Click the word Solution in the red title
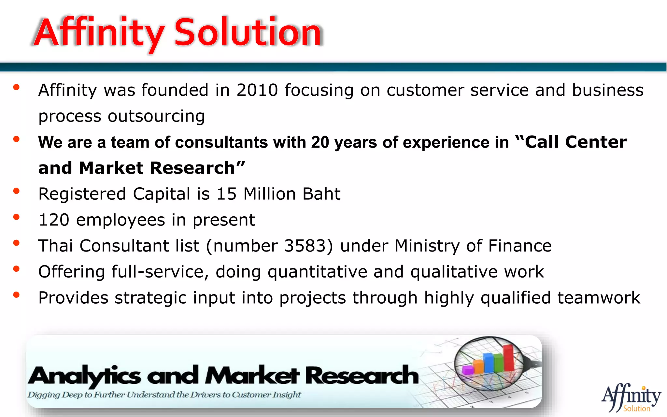tap(248, 33)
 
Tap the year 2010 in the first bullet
tap(257, 90)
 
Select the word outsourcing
tap(156, 116)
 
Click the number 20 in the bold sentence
tap(320, 142)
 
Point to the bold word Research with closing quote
tap(197, 168)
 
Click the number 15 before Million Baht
tap(226, 194)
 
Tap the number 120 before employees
tap(54, 220)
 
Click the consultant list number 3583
tap(305, 246)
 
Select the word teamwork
tap(599, 298)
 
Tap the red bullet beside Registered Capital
tap(16, 191)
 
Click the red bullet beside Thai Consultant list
tap(16, 243)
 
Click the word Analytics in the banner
tap(85, 376)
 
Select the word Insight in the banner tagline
tap(287, 395)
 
